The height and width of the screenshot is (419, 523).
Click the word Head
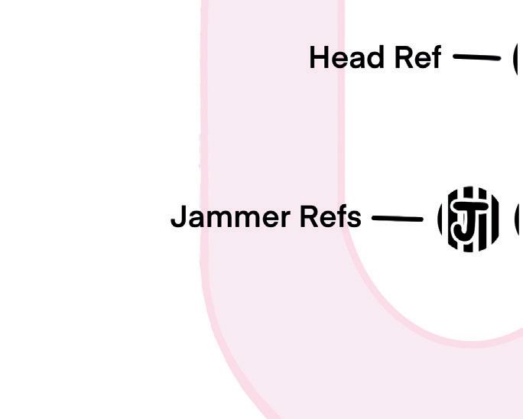(341, 58)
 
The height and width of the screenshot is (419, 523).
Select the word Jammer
(230, 217)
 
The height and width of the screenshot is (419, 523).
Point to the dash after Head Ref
(476, 57)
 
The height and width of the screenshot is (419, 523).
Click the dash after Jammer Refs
(397, 219)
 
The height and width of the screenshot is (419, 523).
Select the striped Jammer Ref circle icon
(469, 219)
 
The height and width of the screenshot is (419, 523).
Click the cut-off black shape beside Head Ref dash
(518, 58)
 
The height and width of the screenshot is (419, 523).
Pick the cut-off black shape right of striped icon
(519, 220)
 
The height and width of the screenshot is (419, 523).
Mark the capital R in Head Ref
(404, 58)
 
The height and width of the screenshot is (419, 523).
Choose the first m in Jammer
(215, 219)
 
